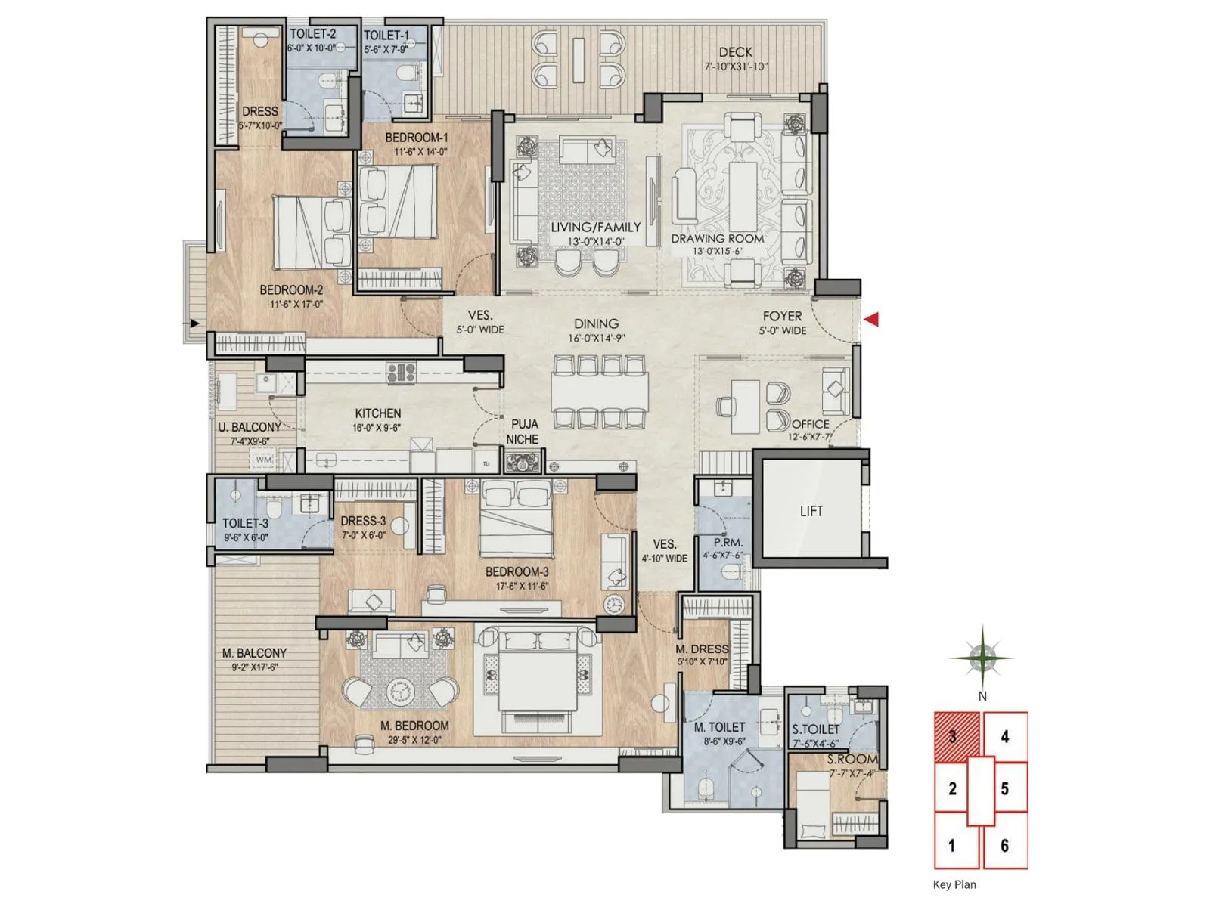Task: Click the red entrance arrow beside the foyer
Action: [x=871, y=319]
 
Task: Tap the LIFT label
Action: [x=811, y=511]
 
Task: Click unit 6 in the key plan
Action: [x=1004, y=845]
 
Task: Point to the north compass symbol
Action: [x=982, y=658]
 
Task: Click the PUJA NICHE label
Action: [x=523, y=432]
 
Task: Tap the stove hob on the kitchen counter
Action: [x=402, y=372]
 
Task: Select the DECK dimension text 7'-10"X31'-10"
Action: [x=735, y=67]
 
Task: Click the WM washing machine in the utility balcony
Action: [x=263, y=460]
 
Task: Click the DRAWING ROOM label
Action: [x=717, y=238]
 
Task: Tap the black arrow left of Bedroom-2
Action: [x=194, y=323]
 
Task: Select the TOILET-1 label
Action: [x=386, y=36]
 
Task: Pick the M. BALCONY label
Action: [x=254, y=653]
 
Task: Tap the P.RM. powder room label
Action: [x=728, y=543]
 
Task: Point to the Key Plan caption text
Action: [x=954, y=884]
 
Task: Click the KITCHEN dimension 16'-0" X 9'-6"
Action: [x=377, y=428]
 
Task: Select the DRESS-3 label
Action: [x=363, y=521]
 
